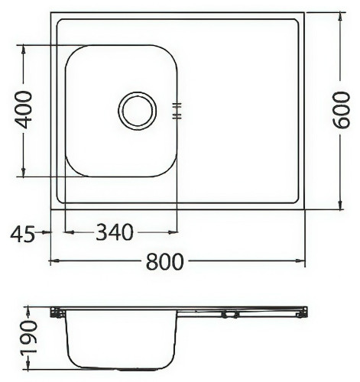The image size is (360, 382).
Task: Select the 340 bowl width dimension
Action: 114,231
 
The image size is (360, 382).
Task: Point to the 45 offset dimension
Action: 22,234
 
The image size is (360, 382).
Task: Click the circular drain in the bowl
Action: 137,111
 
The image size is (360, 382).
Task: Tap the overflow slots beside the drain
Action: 177,111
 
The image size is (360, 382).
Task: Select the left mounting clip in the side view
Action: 56,313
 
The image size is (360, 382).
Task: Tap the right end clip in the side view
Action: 302,312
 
